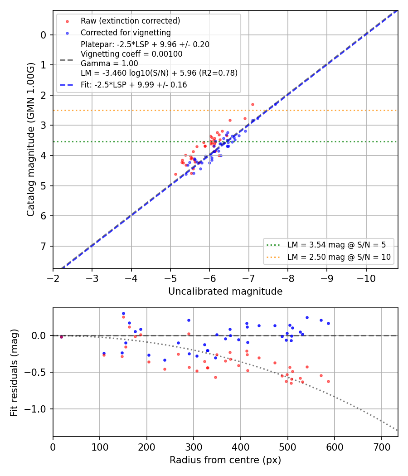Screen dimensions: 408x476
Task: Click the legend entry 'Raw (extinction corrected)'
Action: click(130, 21)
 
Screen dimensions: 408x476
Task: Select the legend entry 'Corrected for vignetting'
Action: click(126, 33)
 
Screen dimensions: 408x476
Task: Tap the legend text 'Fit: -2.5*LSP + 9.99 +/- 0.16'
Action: click(134, 85)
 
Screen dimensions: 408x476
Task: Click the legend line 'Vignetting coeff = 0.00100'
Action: click(131, 54)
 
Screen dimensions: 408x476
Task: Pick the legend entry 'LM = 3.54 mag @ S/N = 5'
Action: click(336, 245)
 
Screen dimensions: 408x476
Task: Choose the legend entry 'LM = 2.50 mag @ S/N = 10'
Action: click(339, 257)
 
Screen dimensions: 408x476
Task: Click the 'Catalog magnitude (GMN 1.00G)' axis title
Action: click(30, 139)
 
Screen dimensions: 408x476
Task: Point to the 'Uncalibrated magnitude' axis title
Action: click(225, 291)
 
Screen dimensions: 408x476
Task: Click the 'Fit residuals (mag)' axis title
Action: click(14, 373)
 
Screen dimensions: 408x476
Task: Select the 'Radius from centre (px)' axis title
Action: click(225, 460)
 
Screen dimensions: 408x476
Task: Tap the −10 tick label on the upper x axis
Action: click(366, 279)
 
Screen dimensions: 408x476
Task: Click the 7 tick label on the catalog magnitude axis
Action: click(44, 246)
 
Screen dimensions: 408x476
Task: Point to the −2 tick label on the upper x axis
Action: click(53, 279)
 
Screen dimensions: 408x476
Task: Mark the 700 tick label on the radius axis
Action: click(381, 447)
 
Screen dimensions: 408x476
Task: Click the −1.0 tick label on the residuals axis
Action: click(35, 409)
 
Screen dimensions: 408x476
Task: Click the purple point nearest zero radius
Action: click(61, 337)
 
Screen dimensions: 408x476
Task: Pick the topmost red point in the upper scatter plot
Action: click(253, 105)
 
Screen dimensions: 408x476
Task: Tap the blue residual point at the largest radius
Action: click(328, 324)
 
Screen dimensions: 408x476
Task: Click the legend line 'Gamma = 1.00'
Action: click(109, 63)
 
